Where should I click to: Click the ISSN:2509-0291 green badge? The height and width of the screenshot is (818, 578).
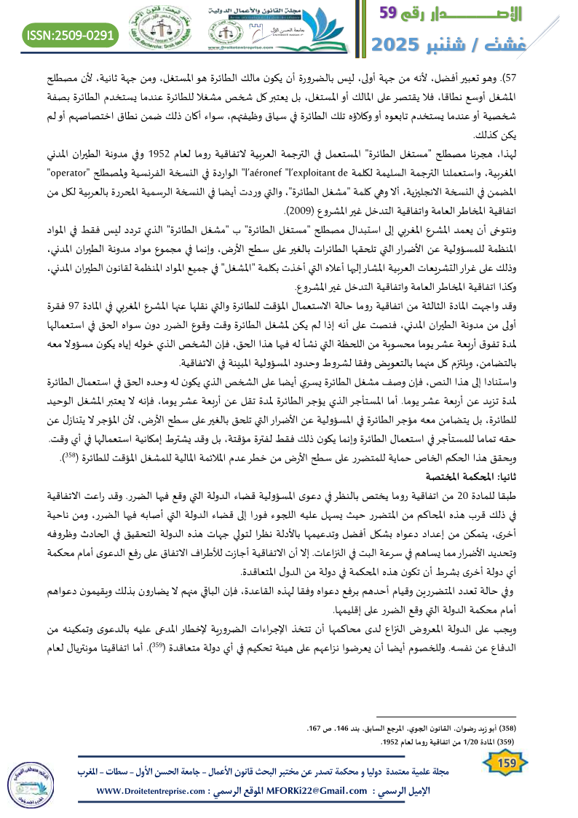point(71,34)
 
